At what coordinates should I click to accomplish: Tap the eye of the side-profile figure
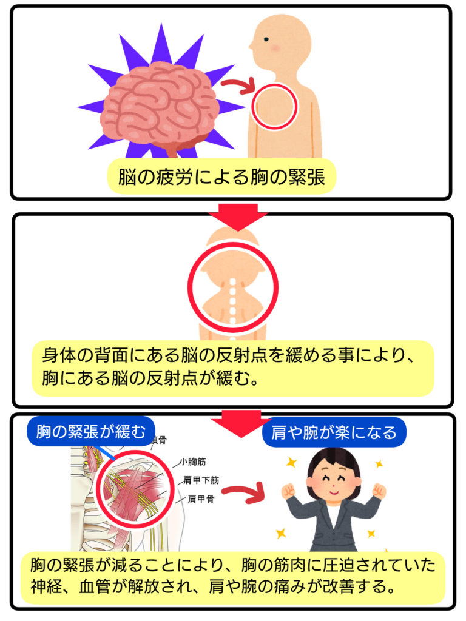[x=265, y=39]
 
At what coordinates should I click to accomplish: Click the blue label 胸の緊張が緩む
[x=91, y=432]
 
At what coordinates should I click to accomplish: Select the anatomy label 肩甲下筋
[x=201, y=479]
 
